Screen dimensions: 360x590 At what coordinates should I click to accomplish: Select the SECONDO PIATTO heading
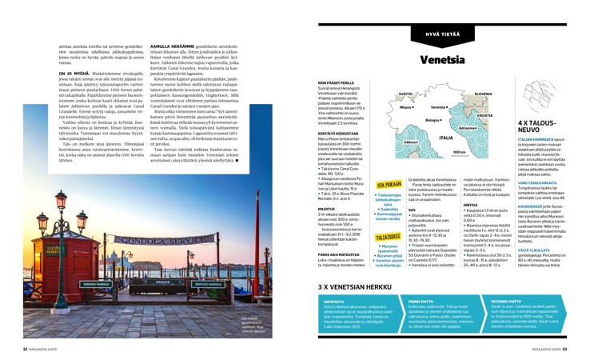click(x=483, y=302)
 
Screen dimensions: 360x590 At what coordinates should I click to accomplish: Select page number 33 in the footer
click(x=564, y=350)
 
